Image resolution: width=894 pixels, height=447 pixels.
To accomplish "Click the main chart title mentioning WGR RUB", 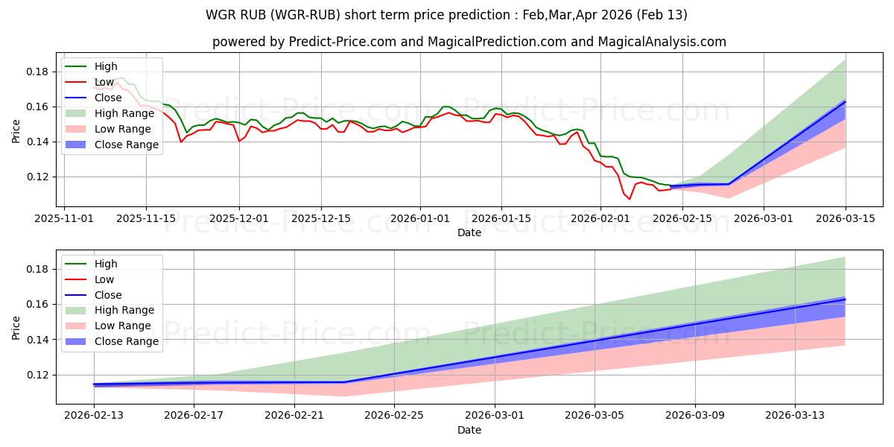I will tap(447, 15).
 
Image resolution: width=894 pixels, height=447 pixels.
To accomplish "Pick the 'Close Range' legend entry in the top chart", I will tap(127, 145).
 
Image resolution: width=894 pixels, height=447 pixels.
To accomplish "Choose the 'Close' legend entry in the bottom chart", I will tap(109, 295).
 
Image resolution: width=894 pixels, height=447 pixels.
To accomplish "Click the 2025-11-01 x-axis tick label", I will tap(64, 218).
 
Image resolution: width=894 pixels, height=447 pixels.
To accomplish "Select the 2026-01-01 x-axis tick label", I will tap(420, 218).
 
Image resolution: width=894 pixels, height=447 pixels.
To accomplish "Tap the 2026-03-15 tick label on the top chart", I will tap(845, 218).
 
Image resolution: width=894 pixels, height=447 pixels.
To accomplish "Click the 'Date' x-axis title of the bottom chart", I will tap(469, 430).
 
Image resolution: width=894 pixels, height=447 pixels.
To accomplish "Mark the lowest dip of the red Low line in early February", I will tap(629, 199).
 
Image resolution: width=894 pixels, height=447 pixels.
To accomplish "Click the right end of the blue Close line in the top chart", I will tap(845, 101).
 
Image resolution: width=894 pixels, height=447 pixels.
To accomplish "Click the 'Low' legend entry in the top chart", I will tap(105, 82).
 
